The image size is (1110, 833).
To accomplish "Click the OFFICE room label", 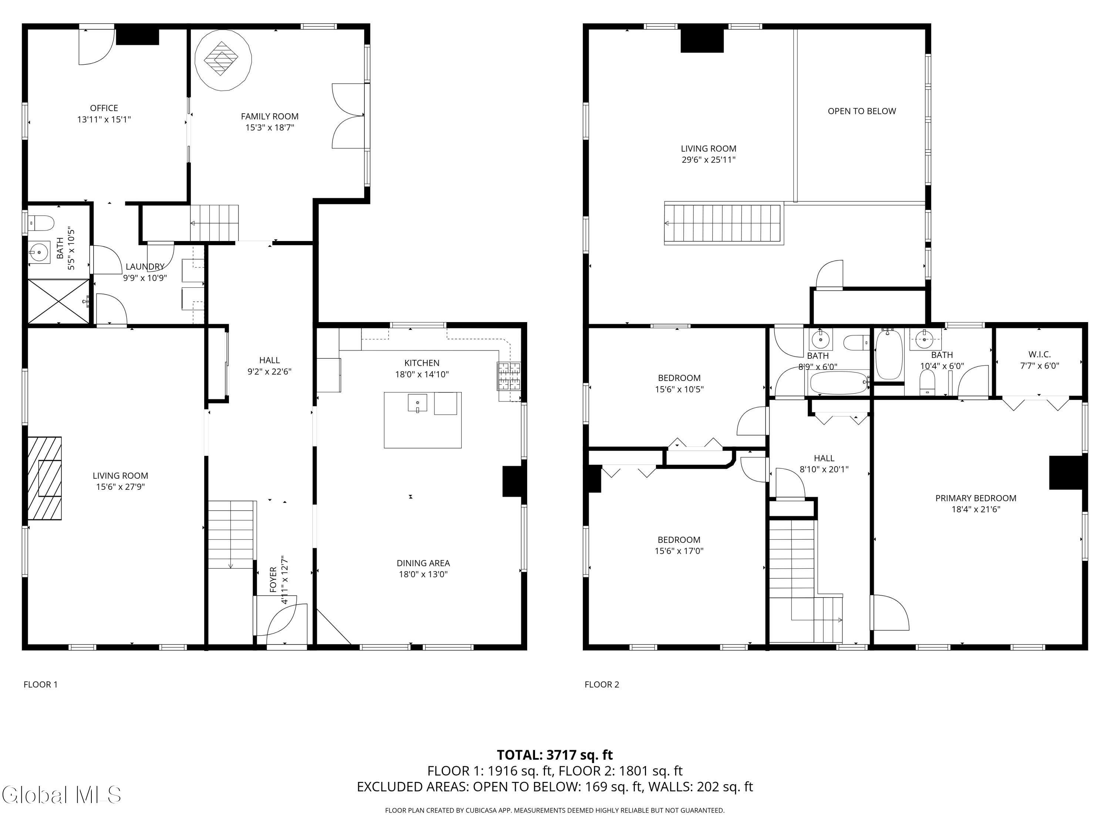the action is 104,108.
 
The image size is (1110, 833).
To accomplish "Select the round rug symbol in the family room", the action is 223,60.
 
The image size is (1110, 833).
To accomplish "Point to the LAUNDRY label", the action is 145,267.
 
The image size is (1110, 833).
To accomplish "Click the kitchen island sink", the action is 417,403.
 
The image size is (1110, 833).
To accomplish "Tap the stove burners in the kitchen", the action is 509,375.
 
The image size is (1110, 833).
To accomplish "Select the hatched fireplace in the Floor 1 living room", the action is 45,478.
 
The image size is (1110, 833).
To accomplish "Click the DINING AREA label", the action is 423,563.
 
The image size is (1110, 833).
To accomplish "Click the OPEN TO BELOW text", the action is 862,111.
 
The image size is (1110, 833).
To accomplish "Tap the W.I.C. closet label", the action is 1039,355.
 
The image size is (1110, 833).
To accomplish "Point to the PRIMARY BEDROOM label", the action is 976,498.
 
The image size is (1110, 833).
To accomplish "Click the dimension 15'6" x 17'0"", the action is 679,551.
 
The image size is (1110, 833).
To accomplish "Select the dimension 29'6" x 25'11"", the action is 708,160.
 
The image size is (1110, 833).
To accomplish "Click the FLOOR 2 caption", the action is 602,685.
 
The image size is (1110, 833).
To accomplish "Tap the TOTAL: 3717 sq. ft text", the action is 555,755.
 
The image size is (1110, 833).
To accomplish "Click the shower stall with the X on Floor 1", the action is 58,301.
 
